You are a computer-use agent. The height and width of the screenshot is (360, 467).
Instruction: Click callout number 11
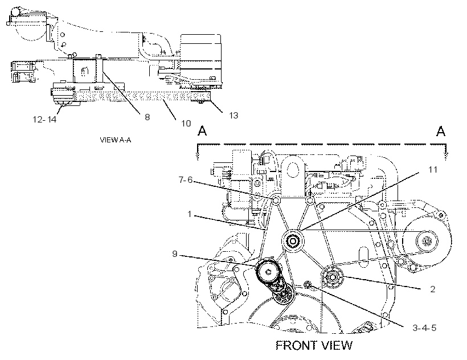(x=432, y=170)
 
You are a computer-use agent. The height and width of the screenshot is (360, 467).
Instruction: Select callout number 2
(x=433, y=289)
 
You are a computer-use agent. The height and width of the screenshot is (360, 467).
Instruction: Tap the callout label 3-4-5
(x=424, y=328)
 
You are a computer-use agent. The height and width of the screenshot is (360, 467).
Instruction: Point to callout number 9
(x=175, y=253)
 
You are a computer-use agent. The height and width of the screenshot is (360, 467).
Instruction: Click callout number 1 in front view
(x=190, y=214)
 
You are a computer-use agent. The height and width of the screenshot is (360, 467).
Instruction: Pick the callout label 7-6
(x=186, y=180)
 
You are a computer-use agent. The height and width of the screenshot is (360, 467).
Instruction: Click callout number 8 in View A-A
(x=147, y=117)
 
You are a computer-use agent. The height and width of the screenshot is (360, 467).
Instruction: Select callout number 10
(x=186, y=123)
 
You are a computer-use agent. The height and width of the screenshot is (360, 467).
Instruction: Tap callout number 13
(x=233, y=115)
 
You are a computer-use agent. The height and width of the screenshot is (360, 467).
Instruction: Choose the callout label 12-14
(x=44, y=120)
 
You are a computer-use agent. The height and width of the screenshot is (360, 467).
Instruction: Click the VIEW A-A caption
(x=116, y=140)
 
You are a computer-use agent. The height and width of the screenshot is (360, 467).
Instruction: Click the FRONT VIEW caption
(x=314, y=345)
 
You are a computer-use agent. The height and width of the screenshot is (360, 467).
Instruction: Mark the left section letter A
(x=202, y=130)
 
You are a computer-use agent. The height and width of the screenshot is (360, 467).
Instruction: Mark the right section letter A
(x=441, y=130)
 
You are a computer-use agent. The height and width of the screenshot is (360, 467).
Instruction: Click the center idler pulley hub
(x=293, y=240)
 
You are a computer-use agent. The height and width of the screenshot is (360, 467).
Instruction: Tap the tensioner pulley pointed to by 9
(x=268, y=271)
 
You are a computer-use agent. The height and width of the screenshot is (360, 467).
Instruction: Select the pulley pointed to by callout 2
(x=333, y=277)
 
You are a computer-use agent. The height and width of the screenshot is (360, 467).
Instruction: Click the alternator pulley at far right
(x=427, y=241)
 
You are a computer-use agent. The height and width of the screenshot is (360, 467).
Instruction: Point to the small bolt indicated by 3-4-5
(x=308, y=285)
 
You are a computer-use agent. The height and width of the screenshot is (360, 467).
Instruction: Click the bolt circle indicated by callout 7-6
(x=276, y=201)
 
